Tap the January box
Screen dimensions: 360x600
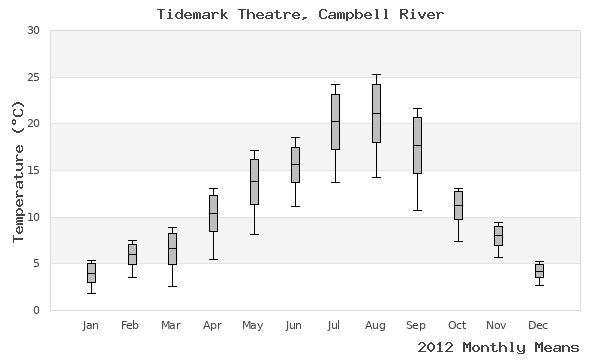[91, 273]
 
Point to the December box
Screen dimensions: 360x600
[539, 270]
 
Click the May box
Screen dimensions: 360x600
[254, 181]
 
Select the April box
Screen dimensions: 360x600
[213, 213]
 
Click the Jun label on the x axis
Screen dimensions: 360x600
[294, 326]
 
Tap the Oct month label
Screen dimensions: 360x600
[457, 326]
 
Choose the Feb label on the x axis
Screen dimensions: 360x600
[130, 326]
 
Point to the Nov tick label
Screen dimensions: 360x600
[498, 326]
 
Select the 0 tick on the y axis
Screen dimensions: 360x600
[36, 310]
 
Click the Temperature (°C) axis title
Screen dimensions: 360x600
[17, 170]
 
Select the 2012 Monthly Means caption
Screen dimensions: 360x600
[498, 347]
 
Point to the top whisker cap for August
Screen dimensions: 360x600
[376, 74]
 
